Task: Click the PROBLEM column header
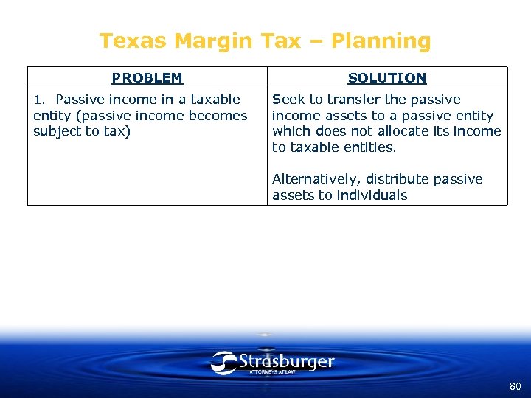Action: pos(147,77)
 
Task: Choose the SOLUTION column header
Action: pos(386,77)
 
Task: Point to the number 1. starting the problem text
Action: pos(41,99)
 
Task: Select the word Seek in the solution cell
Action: pos(287,99)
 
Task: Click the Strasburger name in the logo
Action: pos(286,361)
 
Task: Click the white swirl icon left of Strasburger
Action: pos(223,362)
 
